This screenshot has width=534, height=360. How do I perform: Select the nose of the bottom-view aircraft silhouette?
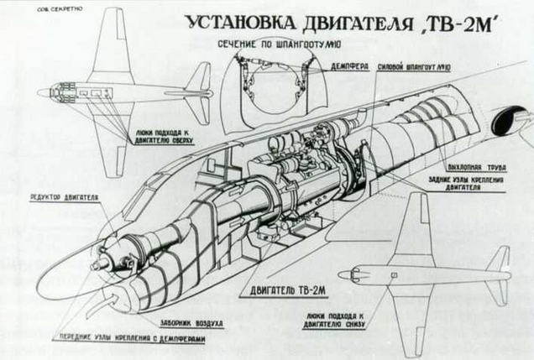pyautogui.click(x=344, y=274)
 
